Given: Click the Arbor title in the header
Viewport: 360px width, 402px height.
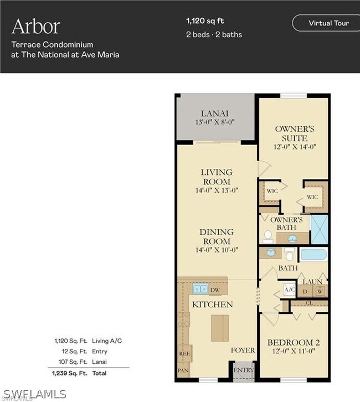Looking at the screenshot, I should click(35, 26).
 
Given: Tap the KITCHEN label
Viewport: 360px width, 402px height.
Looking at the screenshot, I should click(212, 305).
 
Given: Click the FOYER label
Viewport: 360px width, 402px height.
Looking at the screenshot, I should click(243, 351).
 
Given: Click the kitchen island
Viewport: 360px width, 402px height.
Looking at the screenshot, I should click(219, 327).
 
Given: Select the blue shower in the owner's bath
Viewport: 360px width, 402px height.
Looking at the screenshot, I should click(319, 229).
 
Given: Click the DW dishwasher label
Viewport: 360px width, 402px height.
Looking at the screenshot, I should click(215, 290).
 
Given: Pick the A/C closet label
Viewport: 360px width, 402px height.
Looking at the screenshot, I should click(289, 290).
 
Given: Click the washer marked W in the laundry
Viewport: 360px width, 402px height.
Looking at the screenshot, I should click(320, 291).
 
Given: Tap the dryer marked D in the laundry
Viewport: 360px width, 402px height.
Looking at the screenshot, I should click(305, 291).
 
